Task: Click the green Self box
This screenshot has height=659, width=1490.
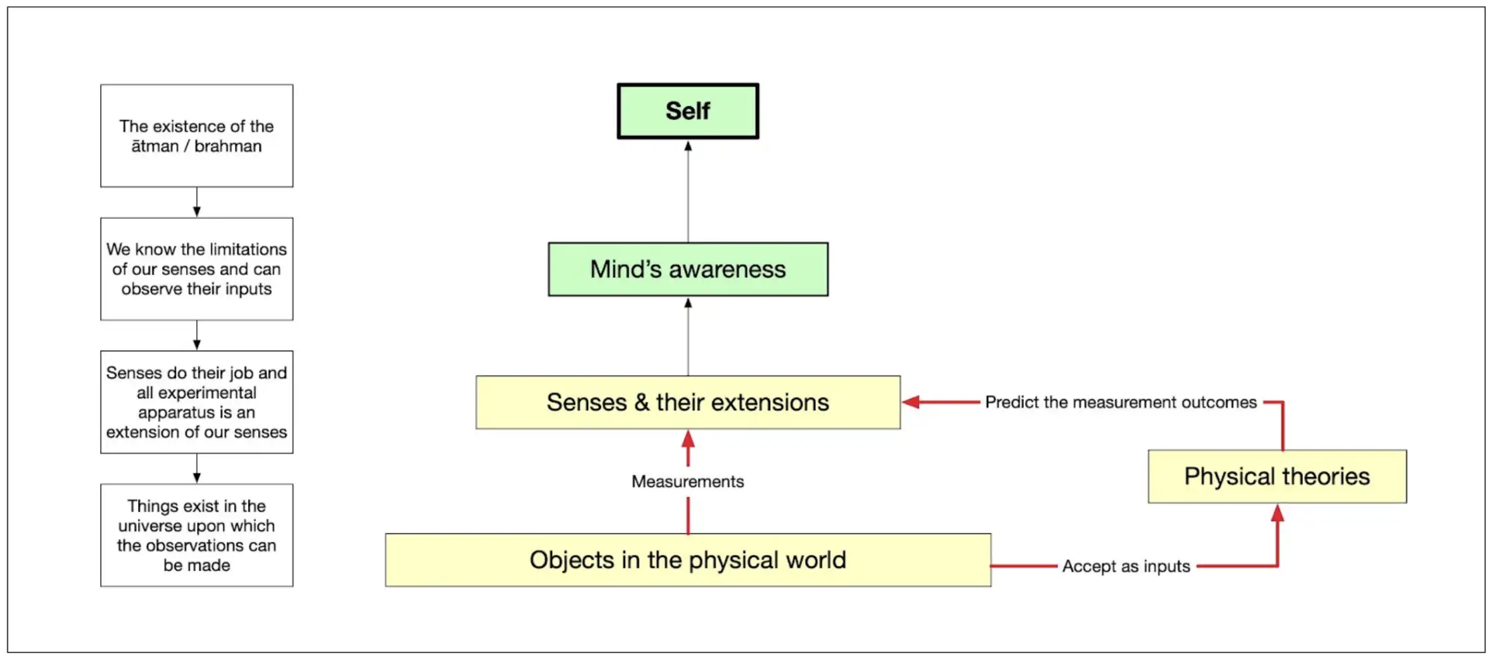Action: coord(688,111)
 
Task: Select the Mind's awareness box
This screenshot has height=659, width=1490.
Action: coord(688,269)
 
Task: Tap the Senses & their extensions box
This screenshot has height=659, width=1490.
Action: coord(688,402)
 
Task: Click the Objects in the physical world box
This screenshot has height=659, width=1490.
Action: coord(688,560)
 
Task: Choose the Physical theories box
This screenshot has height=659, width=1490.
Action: coord(1277,476)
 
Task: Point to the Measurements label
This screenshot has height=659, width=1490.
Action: coord(688,482)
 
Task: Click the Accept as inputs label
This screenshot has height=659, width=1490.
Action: coord(1126,566)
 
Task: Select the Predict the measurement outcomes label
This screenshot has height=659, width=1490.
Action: coord(1121,402)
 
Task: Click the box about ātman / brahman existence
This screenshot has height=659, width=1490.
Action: coord(197,135)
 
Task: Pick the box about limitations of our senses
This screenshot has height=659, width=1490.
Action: coord(197,269)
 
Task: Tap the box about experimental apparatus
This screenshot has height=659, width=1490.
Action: coord(197,402)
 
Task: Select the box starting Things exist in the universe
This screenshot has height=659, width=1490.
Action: coord(197,535)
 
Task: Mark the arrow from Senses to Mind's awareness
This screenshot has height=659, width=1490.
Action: coord(688,336)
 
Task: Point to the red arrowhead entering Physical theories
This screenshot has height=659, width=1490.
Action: coord(1277,513)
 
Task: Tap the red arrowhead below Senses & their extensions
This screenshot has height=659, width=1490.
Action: coord(688,439)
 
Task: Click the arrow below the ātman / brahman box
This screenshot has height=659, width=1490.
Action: coord(197,202)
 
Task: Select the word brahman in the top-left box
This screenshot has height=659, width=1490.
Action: coord(228,146)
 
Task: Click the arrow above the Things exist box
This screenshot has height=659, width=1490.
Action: coord(197,469)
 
